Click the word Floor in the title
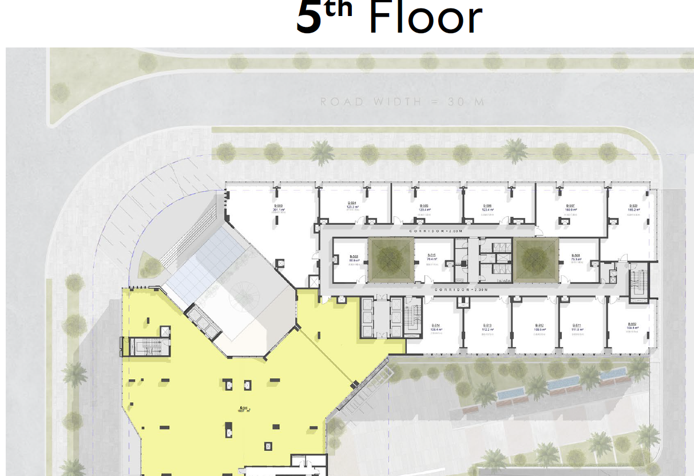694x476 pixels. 425,18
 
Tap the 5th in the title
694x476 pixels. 323,18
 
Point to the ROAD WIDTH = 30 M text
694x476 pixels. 402,102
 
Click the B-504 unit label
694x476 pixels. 352,203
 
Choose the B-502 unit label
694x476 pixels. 354,257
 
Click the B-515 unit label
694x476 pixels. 432,256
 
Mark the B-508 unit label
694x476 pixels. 576,256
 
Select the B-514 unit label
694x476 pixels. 437,326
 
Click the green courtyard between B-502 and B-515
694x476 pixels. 391,260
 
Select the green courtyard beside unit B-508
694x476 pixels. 536,260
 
